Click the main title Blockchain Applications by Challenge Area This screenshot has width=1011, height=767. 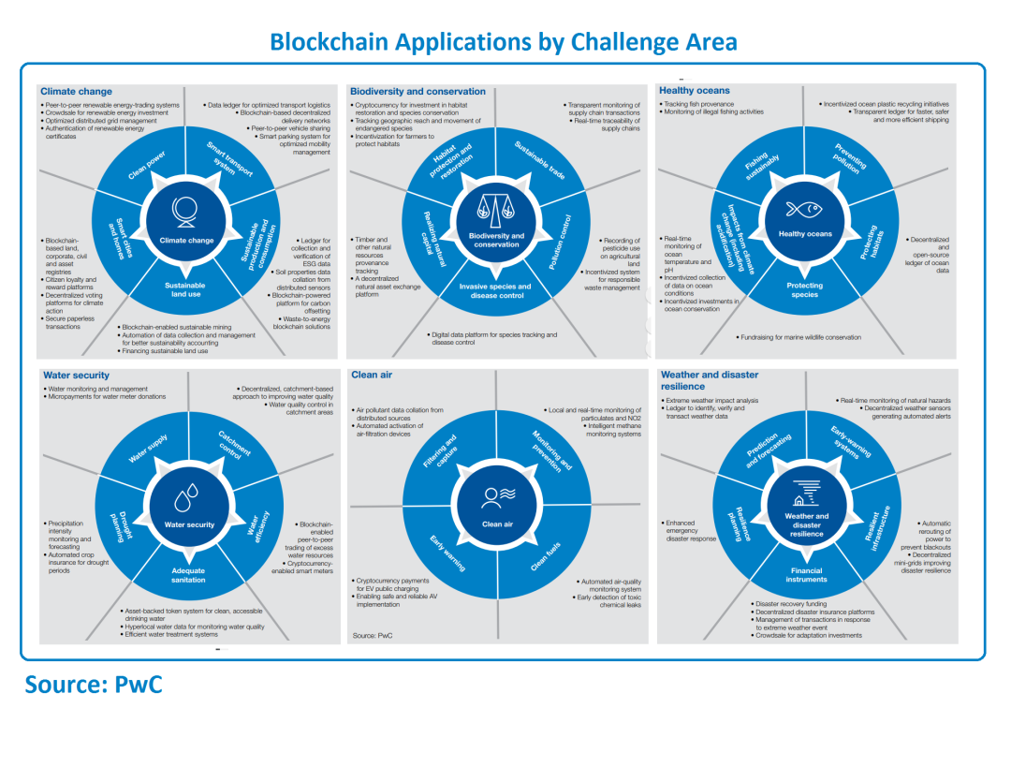[x=503, y=41]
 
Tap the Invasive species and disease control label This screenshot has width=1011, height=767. [x=496, y=290]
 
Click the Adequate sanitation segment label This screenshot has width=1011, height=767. [x=188, y=575]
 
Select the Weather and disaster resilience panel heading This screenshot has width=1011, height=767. [x=709, y=380]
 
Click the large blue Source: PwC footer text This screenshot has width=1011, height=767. [x=94, y=685]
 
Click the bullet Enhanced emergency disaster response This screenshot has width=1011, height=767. [x=691, y=531]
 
